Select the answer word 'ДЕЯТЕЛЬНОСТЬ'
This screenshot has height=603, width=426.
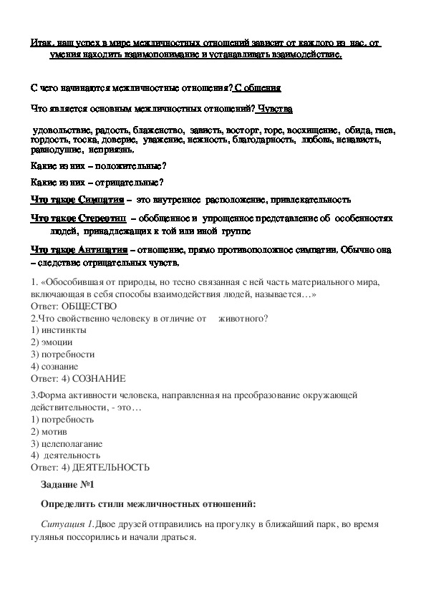(x=108, y=467)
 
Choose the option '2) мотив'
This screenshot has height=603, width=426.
(x=50, y=432)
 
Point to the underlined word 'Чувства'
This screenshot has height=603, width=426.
(x=275, y=109)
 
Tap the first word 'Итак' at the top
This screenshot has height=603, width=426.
(x=41, y=44)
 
